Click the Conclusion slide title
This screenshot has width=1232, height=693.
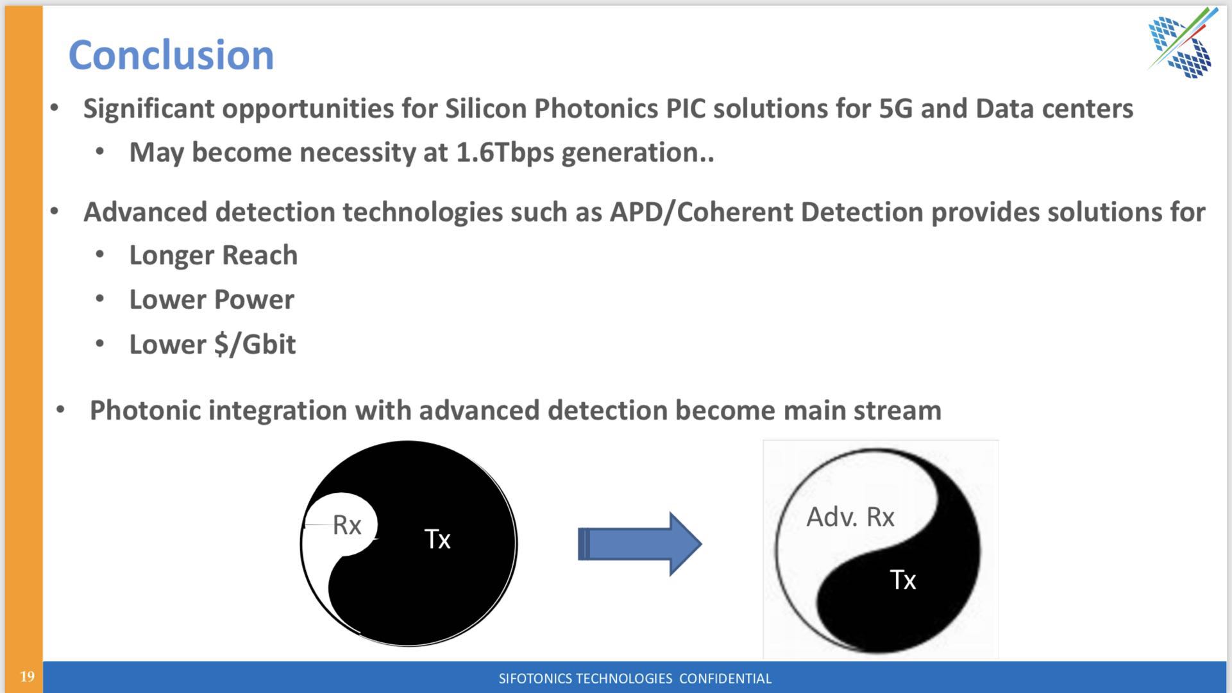pyautogui.click(x=171, y=55)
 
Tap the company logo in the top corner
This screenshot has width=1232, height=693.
pyautogui.click(x=1182, y=42)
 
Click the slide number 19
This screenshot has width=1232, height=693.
pyautogui.click(x=27, y=676)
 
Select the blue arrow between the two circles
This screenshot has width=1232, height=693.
pyautogui.click(x=639, y=544)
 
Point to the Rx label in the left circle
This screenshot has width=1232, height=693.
pyautogui.click(x=347, y=526)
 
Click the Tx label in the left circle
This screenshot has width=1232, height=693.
pyautogui.click(x=437, y=539)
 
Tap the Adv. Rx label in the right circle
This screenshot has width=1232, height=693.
pyautogui.click(x=850, y=517)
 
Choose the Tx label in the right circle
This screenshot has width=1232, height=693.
pyautogui.click(x=903, y=580)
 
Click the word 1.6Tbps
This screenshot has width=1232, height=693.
pyautogui.click(x=504, y=153)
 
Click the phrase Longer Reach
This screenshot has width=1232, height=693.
pyautogui.click(x=214, y=255)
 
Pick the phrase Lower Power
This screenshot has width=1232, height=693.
pyautogui.click(x=212, y=300)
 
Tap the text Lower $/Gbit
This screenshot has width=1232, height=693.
pyautogui.click(x=212, y=345)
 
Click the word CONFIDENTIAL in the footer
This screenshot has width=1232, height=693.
pyautogui.click(x=725, y=678)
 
